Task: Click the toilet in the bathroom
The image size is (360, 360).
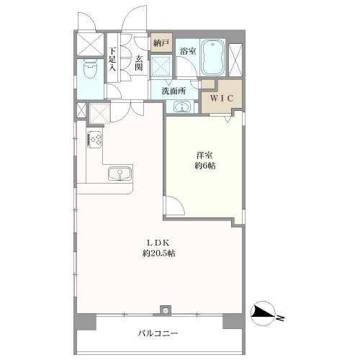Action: (90, 68)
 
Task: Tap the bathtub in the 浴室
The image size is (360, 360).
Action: (213, 58)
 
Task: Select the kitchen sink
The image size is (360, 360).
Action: (120, 174)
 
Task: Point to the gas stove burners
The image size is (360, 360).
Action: (96, 140)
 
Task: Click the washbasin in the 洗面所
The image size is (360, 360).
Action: (182, 107)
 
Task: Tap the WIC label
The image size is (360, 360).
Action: (222, 98)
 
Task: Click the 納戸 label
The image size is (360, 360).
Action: (161, 43)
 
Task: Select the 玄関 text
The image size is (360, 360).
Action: (138, 63)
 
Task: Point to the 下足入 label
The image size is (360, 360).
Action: (112, 59)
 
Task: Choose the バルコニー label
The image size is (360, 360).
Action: (158, 333)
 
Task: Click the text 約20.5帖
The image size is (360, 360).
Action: (158, 253)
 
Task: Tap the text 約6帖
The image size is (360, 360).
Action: (204, 166)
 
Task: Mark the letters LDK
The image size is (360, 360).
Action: (158, 243)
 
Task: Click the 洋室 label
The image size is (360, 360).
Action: (204, 156)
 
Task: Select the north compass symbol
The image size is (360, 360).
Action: (263, 313)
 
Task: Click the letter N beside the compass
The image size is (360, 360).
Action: (280, 318)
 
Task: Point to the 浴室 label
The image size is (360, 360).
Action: (188, 51)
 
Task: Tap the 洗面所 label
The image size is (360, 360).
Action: (174, 91)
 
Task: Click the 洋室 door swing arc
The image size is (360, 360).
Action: (178, 202)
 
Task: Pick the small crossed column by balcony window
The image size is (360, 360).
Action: (166, 310)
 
